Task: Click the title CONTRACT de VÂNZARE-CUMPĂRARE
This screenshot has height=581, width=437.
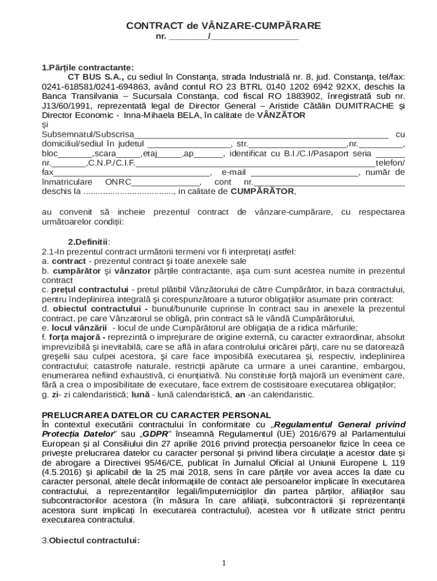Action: point(223,26)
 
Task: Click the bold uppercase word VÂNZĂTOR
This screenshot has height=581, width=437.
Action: point(281,115)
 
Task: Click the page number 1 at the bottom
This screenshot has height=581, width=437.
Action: point(224,563)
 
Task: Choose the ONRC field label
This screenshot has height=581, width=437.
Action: point(118,182)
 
